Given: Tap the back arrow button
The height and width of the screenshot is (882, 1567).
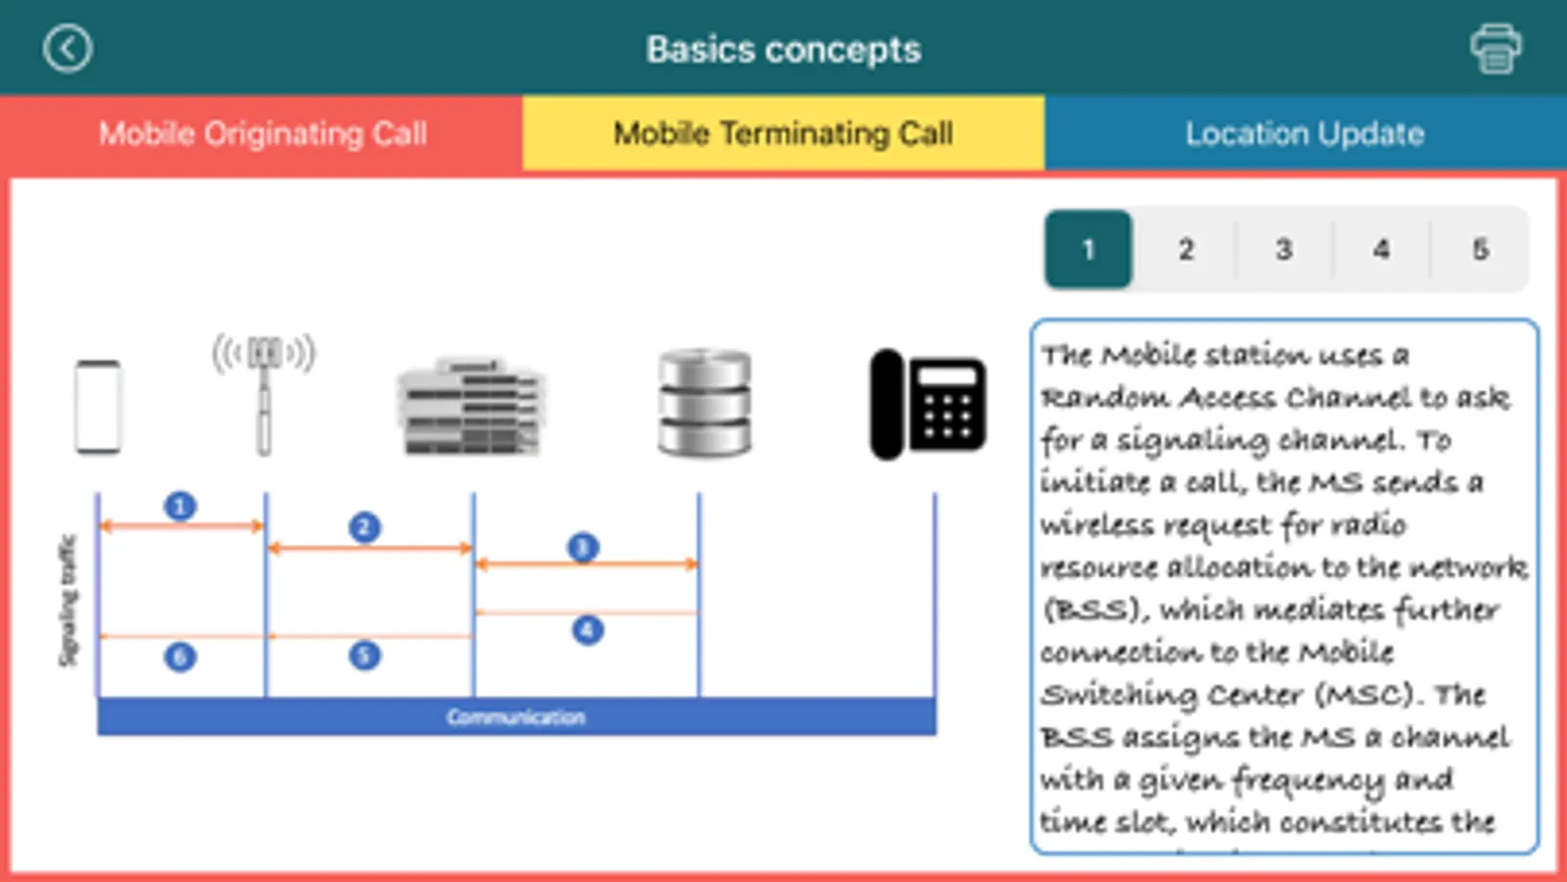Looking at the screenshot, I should pos(68,49).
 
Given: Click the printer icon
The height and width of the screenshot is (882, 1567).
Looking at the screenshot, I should pos(1495,49).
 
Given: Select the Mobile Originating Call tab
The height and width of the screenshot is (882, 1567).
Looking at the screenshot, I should pos(262,133).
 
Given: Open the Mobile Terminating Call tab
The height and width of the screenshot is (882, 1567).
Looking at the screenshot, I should pos(783,133).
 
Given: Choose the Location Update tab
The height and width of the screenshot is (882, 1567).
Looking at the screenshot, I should pos(1304,133).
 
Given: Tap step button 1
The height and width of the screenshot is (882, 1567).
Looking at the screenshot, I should pos(1088,250).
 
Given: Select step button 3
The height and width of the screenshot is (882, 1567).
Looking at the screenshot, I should pos(1284,250).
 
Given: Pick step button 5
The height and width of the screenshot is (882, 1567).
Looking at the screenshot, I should pos(1480,250).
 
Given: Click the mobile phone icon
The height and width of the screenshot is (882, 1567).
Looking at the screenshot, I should pos(98,407).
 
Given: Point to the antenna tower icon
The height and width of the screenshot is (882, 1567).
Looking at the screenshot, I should pos(264,392).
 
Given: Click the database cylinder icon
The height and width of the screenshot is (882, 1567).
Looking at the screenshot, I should pos(705,402).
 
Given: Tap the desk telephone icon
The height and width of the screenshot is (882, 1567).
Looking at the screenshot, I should pos(928,404).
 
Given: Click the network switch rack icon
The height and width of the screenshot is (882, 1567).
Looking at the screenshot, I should pos(471,407).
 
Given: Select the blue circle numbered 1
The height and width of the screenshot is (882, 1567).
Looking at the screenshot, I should pos(180,507).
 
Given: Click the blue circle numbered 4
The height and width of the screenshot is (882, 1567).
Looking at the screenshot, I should pos(587,629).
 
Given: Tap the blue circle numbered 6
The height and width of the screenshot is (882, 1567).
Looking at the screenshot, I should pos(180,656).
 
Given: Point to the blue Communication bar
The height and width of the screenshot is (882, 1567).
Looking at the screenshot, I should pos(516,716).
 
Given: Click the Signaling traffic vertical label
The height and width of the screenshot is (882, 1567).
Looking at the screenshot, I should pos(67,600).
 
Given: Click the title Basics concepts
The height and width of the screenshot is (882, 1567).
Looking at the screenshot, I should pos(783,49).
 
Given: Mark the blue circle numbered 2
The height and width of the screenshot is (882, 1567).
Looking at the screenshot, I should pos(365,527).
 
